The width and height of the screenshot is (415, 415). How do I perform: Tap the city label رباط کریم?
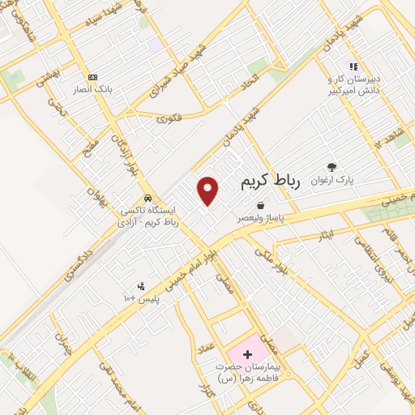tap(270, 182)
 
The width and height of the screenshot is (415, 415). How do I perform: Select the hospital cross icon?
tap(247, 354)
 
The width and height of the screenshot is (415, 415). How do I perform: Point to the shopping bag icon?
tap(260, 206)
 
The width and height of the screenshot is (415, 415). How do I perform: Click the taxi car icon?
tap(147, 198)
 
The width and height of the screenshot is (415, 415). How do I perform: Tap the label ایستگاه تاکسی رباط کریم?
tap(148, 214)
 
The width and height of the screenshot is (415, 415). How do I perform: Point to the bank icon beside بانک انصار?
tap(92, 77)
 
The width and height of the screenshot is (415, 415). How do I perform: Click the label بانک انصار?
tap(92, 88)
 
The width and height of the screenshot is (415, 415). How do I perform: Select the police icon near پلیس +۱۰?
tap(141, 286)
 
